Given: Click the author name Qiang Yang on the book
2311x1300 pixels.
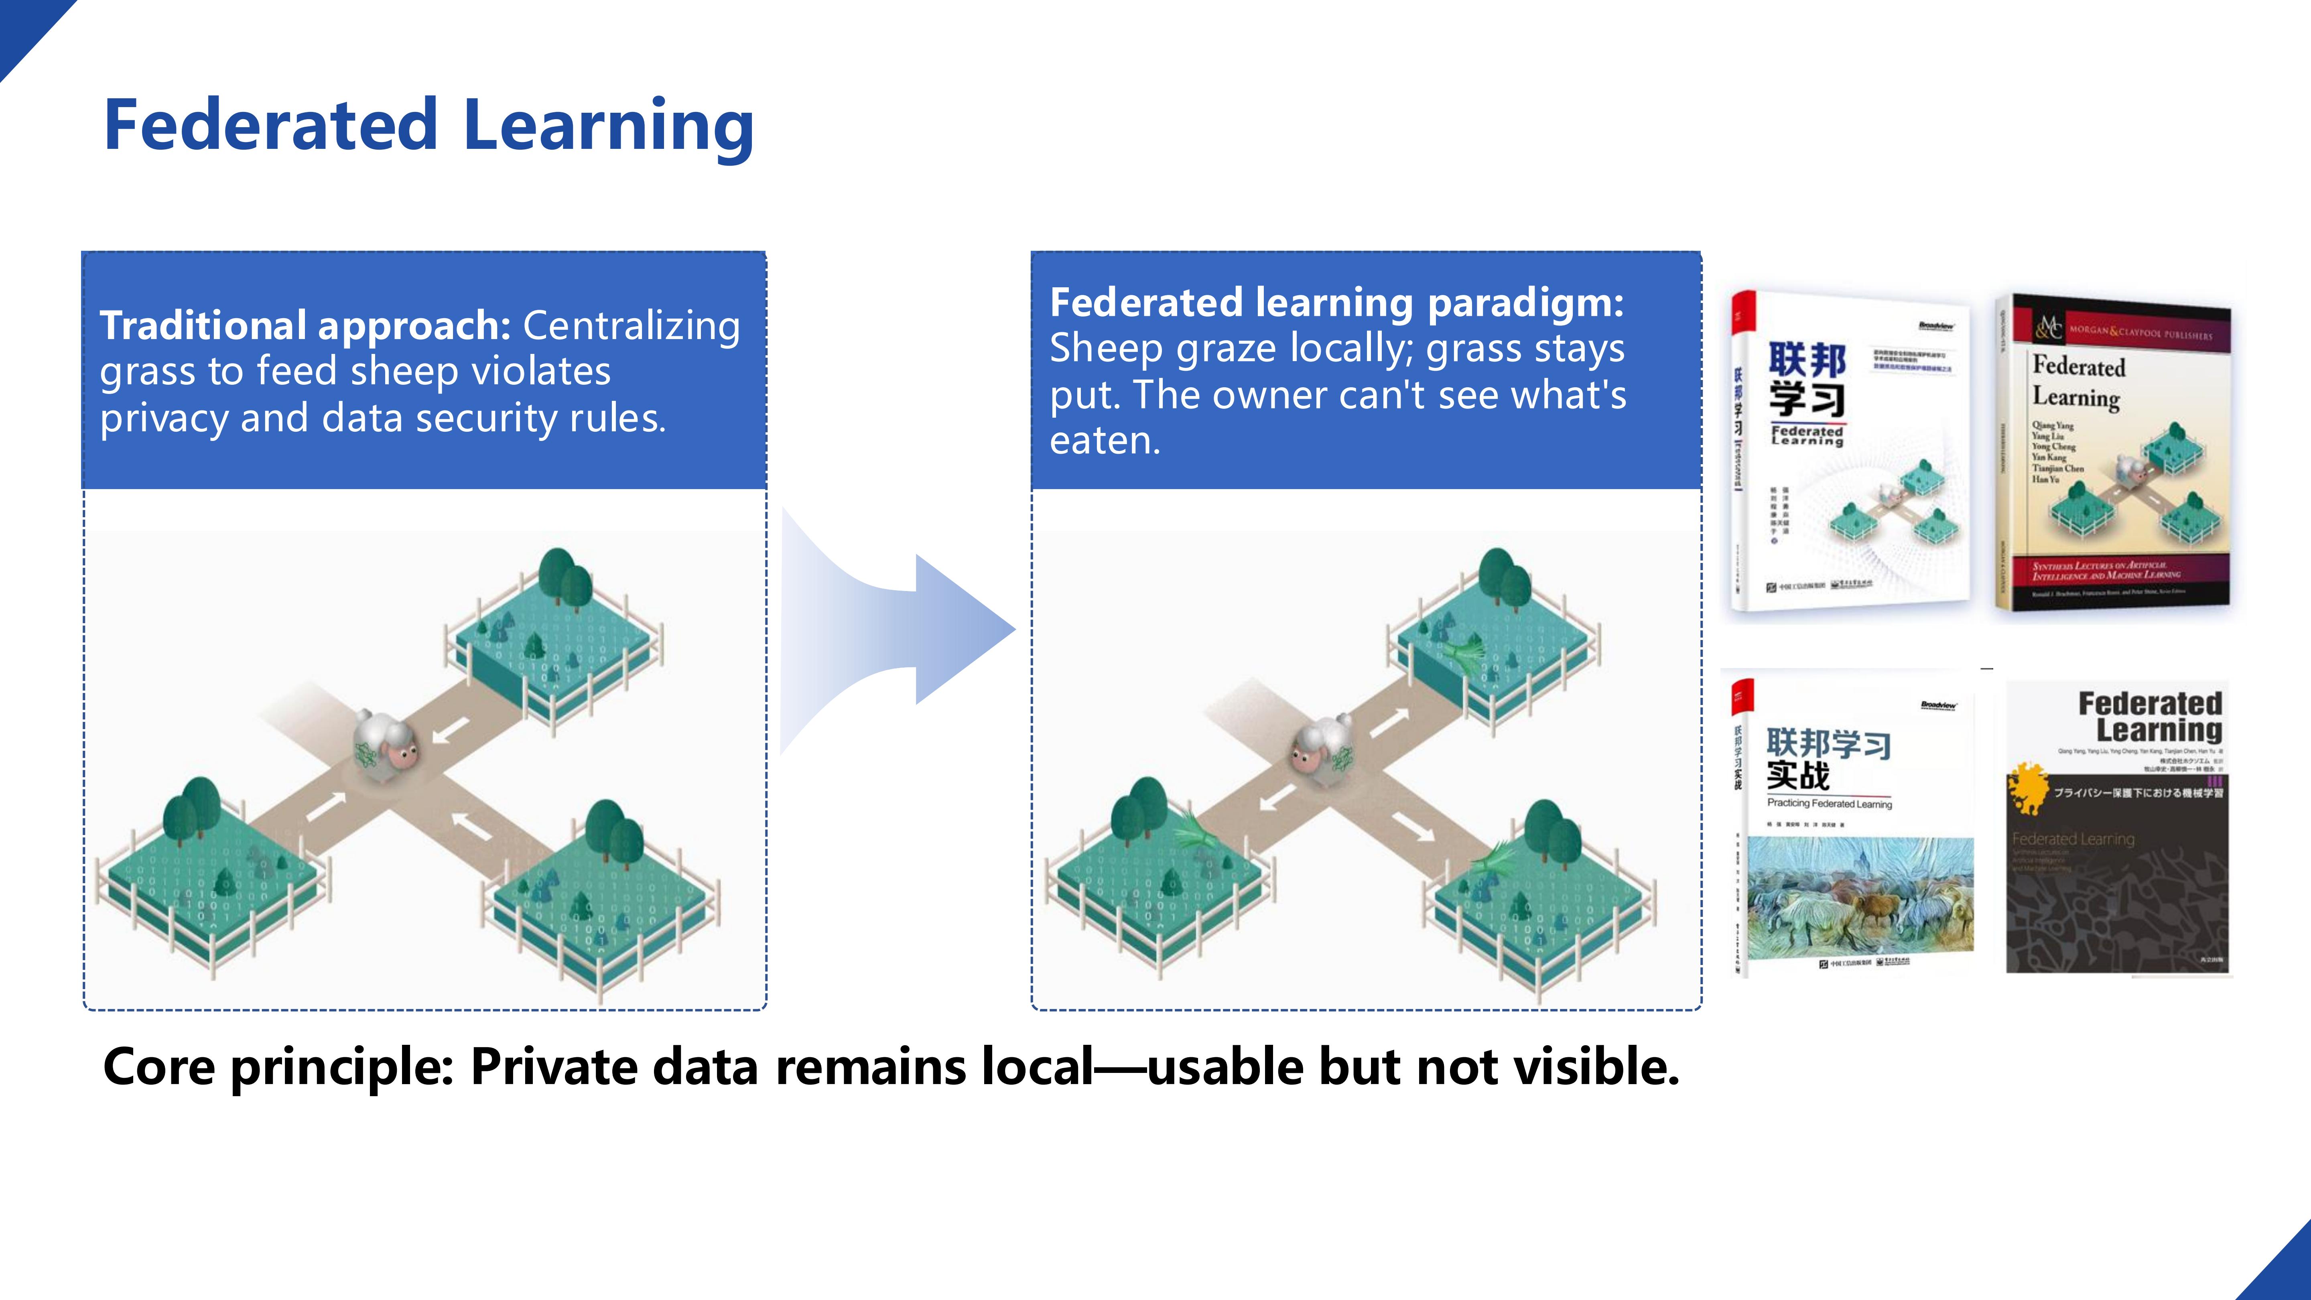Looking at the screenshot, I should [x=2053, y=425].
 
